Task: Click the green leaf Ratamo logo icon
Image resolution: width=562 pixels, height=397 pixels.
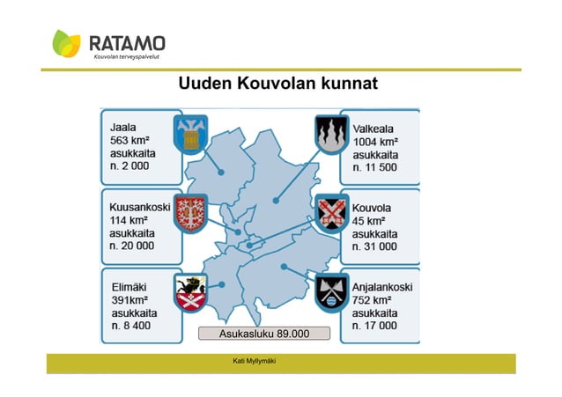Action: tap(67, 44)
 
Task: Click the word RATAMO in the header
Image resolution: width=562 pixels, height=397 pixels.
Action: tap(127, 43)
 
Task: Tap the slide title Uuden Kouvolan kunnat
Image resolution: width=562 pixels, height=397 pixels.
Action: tap(277, 85)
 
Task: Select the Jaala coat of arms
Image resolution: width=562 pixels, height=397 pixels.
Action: tap(191, 133)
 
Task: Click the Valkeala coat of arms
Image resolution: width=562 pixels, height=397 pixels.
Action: tap(331, 133)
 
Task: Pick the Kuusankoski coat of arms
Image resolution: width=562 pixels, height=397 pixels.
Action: tap(190, 214)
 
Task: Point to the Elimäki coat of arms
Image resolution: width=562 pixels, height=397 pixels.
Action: tap(190, 293)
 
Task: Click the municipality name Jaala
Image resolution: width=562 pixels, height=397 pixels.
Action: tap(123, 127)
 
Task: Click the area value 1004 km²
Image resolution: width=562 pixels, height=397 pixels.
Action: tap(375, 140)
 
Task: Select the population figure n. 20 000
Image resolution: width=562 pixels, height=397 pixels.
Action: tap(131, 246)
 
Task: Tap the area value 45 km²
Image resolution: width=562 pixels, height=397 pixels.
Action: tap(369, 221)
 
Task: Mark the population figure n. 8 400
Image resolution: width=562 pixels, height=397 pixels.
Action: tap(129, 326)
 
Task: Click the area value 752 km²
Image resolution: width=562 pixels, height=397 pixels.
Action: tap(372, 300)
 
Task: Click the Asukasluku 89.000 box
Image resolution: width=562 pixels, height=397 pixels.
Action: tap(263, 334)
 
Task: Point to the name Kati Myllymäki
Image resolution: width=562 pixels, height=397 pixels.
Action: tap(255, 362)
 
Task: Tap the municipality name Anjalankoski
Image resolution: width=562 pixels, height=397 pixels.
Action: tap(382, 287)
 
